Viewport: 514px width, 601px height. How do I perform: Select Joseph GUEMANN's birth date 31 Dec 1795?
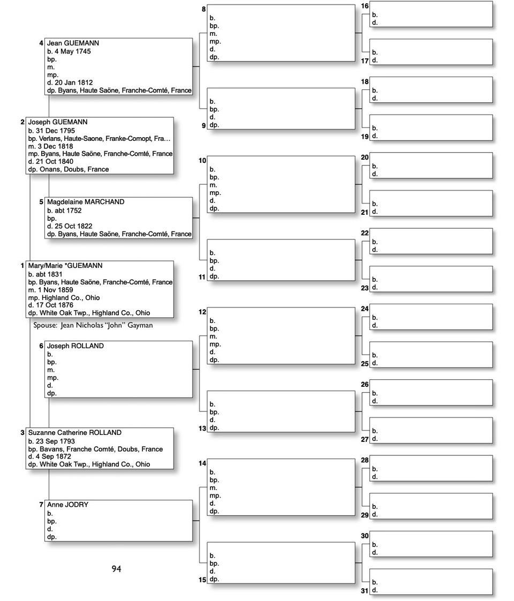click(x=51, y=131)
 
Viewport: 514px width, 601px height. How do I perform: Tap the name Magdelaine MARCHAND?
click(x=85, y=202)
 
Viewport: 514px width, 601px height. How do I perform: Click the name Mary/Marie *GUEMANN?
click(x=65, y=266)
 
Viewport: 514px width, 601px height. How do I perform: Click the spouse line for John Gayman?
click(x=93, y=325)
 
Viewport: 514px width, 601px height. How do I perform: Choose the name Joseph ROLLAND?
click(x=75, y=346)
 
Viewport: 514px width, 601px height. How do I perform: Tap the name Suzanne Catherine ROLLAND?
click(x=74, y=433)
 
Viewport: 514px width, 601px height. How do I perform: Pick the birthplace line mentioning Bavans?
click(x=95, y=449)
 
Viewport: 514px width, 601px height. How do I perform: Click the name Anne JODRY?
click(x=67, y=505)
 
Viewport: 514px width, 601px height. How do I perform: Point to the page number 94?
click(x=116, y=569)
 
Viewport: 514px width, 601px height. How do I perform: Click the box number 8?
click(x=203, y=10)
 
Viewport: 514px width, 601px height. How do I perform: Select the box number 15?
click(x=202, y=580)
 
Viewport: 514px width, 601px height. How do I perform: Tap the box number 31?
click(x=365, y=591)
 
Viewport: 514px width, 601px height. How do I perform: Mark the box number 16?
click(x=365, y=6)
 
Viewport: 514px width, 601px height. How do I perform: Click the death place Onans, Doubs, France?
click(x=69, y=169)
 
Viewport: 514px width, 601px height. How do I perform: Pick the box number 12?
click(x=202, y=312)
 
